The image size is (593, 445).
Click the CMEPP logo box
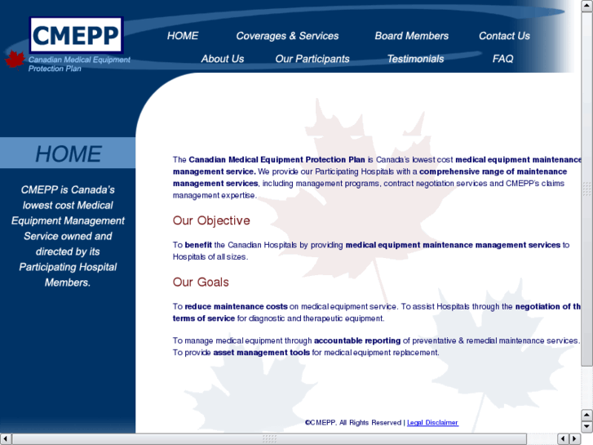[x=76, y=36]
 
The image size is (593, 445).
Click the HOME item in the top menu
[x=183, y=36]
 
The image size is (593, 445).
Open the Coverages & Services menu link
[x=287, y=36]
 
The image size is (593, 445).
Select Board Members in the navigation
[x=411, y=36]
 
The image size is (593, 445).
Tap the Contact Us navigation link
[x=504, y=36]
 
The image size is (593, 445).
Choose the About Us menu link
[x=223, y=59]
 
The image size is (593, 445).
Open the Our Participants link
[x=312, y=59]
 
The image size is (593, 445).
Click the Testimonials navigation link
[x=415, y=59]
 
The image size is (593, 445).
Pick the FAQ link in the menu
[x=503, y=59]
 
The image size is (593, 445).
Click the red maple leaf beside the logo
[x=15, y=59]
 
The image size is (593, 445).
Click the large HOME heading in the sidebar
[x=69, y=154]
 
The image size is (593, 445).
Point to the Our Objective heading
[x=211, y=220]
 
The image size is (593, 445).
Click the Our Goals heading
[x=201, y=283]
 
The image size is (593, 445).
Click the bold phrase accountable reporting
[x=357, y=340]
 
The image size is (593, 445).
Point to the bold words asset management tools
[x=262, y=353]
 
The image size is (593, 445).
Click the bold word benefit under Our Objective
[x=198, y=245]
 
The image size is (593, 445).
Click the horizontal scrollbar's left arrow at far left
[x=6, y=439]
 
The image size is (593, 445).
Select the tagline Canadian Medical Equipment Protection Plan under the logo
[x=79, y=64]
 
